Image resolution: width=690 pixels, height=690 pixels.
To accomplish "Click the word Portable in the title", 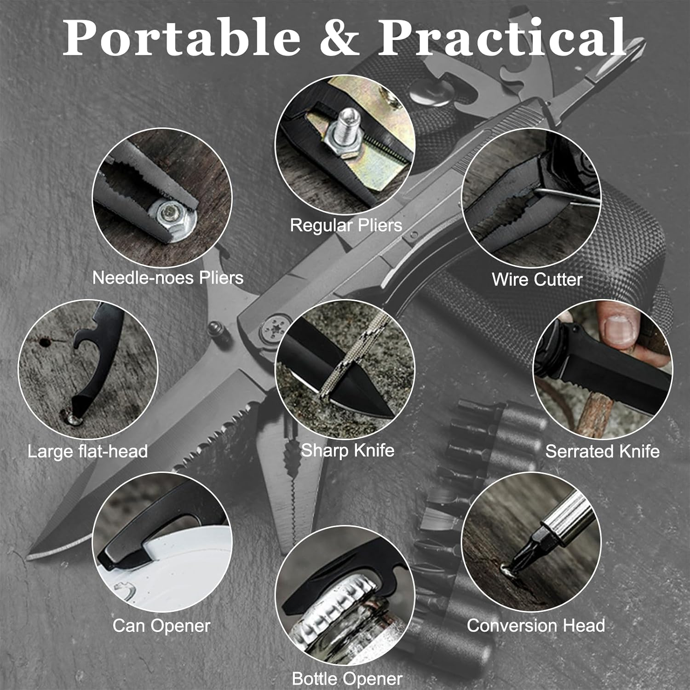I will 182,38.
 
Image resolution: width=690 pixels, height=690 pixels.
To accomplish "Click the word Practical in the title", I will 502,38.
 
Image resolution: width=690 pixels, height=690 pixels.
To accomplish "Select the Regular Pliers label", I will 346,225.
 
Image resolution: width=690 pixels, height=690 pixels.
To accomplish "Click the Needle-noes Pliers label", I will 168,277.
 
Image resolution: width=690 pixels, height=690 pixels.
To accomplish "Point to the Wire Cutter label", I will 537,279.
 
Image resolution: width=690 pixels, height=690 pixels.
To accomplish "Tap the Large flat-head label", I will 87,451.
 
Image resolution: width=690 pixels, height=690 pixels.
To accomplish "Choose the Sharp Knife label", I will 347,450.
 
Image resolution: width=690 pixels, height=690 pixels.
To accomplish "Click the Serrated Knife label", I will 602,451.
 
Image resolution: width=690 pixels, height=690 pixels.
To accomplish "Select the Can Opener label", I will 161,626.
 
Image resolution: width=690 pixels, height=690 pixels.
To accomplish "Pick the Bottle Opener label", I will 347,678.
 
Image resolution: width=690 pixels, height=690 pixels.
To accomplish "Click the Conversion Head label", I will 536,626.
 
